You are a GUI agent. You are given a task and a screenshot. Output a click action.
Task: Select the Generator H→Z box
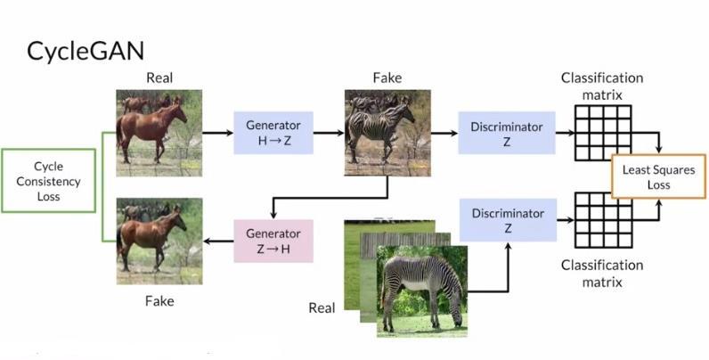[x=273, y=133]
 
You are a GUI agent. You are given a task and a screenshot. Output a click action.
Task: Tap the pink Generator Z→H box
[x=273, y=241]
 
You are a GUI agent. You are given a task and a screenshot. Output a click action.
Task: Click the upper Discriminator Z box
[x=506, y=133]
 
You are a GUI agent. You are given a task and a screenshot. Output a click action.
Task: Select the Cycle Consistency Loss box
[x=48, y=181]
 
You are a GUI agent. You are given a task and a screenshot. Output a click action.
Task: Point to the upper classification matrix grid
[x=607, y=132]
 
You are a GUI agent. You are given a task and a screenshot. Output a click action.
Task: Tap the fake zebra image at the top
[x=387, y=133]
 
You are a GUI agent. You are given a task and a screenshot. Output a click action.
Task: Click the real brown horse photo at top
[x=159, y=133]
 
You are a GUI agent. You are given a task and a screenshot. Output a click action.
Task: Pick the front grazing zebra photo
[x=422, y=290]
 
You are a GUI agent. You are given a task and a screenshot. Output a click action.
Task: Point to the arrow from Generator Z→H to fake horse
[x=218, y=241]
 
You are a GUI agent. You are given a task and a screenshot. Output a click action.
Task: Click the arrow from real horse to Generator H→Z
[x=217, y=133]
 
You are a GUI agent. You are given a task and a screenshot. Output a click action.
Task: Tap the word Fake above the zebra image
[x=387, y=78]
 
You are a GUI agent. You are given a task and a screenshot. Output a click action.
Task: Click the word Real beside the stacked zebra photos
[x=322, y=308]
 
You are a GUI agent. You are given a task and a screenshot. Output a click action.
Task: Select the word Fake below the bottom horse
[x=159, y=301]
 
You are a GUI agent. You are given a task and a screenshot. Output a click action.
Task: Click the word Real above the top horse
[x=159, y=78]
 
